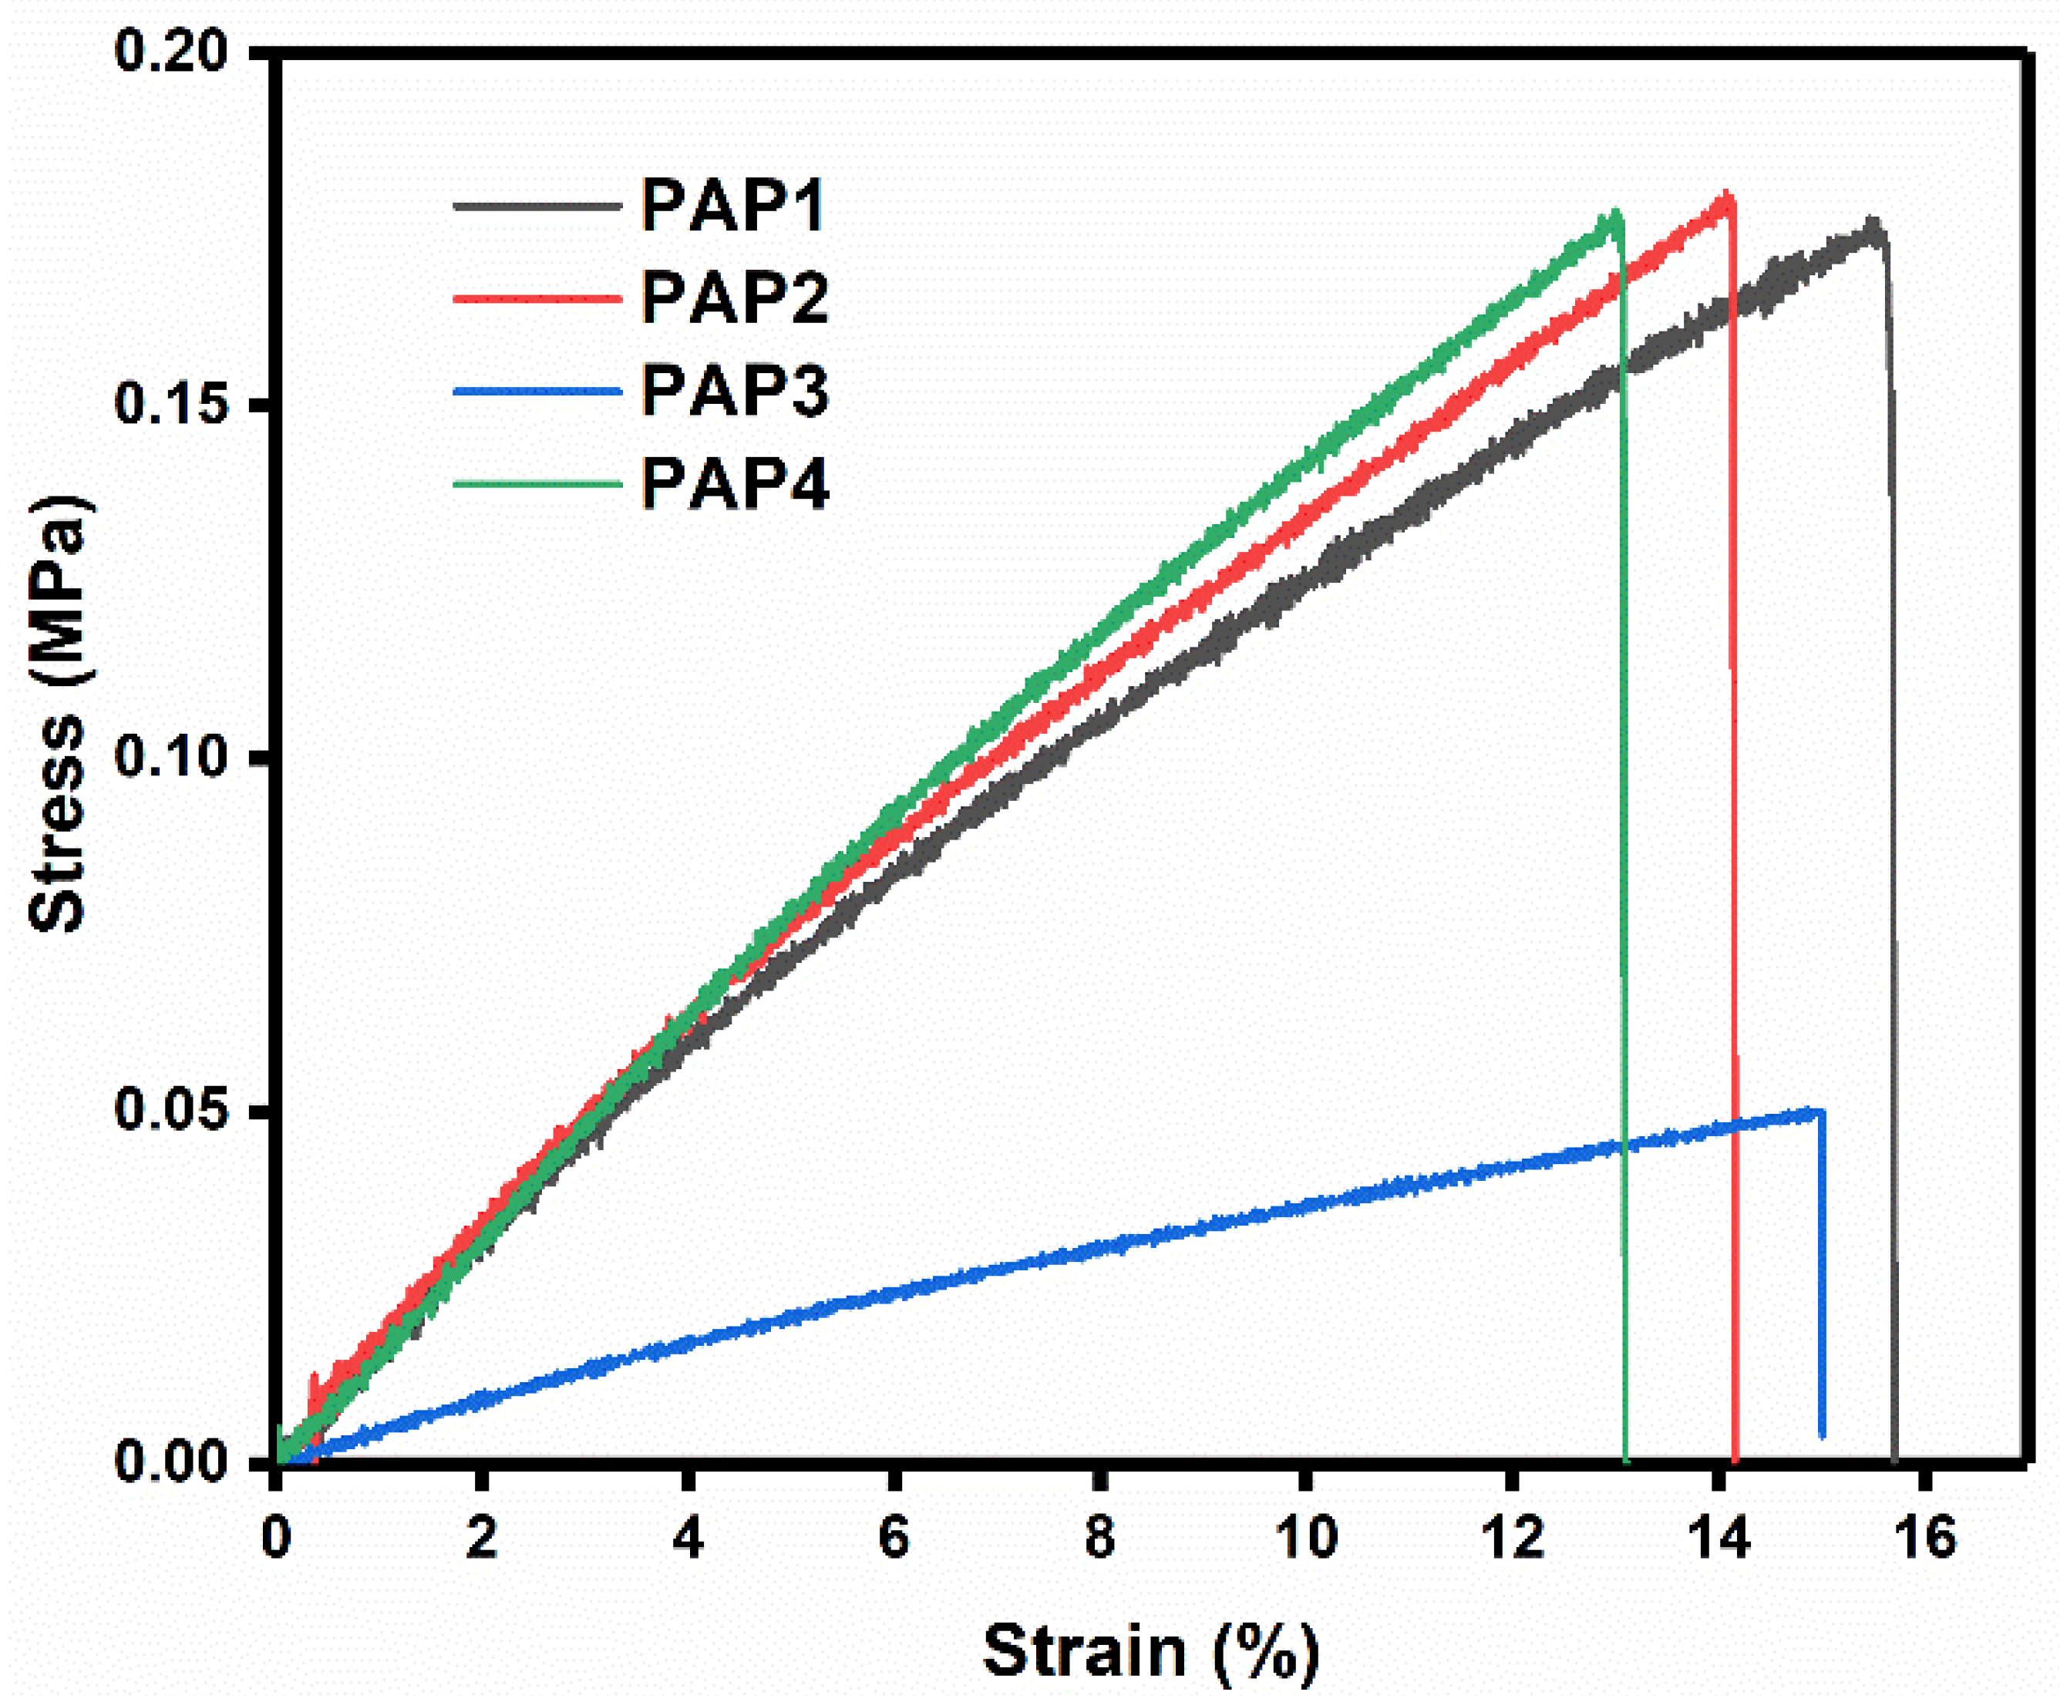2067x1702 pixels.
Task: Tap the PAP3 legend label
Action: click(x=736, y=390)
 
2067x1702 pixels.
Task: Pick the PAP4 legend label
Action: click(x=736, y=483)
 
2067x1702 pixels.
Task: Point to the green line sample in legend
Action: click(x=537, y=484)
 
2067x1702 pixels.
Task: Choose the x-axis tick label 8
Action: click(x=1099, y=1537)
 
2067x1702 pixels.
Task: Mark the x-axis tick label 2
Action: click(x=481, y=1537)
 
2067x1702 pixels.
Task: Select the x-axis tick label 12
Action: click(x=1511, y=1537)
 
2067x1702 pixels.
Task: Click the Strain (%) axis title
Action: click(x=1151, y=1651)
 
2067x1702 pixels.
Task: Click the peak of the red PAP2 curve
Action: click(x=1725, y=196)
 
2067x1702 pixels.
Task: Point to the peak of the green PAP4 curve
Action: click(x=1613, y=214)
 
